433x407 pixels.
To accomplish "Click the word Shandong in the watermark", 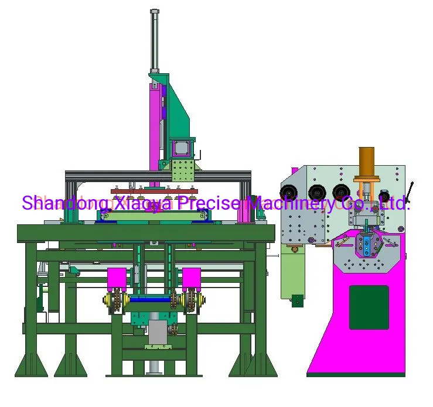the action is [65, 203].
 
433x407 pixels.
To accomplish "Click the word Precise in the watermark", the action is [209, 203].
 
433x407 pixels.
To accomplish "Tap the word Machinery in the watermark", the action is [291, 204].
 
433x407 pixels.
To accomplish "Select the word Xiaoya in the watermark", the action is [143, 204].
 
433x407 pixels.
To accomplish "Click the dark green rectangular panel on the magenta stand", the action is [369, 307].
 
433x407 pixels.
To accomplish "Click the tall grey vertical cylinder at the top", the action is [154, 42].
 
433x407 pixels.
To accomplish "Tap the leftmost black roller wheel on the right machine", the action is [289, 192].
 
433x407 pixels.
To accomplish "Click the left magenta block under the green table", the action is [117, 279].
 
